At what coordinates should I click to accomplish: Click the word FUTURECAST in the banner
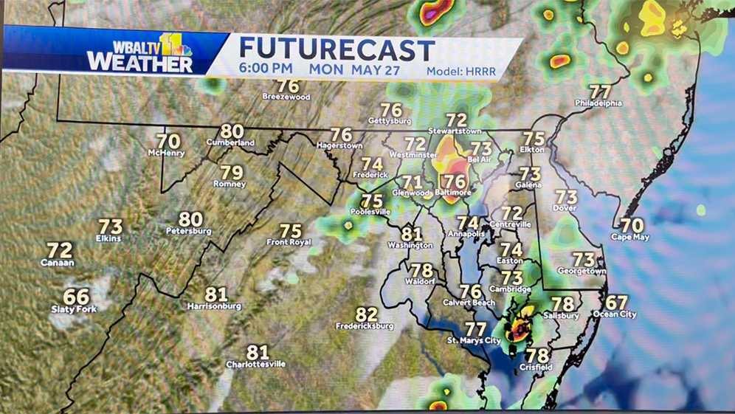click(337, 49)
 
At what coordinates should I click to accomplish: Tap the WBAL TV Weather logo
click(140, 52)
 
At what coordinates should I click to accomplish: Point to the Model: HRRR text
click(461, 72)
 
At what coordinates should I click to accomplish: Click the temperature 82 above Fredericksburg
click(366, 314)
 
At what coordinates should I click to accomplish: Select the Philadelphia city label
click(598, 103)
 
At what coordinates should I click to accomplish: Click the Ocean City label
click(615, 314)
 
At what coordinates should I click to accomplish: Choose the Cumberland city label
click(230, 142)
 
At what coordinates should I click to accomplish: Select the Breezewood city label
click(286, 97)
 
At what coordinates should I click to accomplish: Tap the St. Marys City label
click(475, 340)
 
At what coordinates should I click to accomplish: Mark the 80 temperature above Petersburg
click(190, 219)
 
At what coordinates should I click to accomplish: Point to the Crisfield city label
click(536, 367)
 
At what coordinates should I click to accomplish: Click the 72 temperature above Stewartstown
click(457, 120)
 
